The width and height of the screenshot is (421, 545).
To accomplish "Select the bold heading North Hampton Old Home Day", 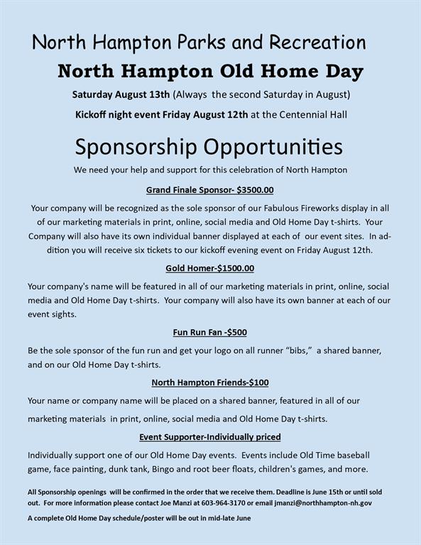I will pyautogui.click(x=210, y=72).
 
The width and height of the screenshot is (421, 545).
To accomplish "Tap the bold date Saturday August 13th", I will pyautogui.click(x=121, y=94).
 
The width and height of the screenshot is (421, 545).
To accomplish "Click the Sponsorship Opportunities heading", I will pyautogui.click(x=209, y=147).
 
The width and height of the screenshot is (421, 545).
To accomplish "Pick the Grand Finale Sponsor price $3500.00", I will pyautogui.click(x=256, y=189).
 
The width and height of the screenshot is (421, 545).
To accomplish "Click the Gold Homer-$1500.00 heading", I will pyautogui.click(x=210, y=268).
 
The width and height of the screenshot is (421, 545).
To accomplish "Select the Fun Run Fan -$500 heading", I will pyautogui.click(x=210, y=331).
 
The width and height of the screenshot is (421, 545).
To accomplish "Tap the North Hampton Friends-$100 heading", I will pyautogui.click(x=210, y=382).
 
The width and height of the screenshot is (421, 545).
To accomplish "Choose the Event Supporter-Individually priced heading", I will pyautogui.click(x=210, y=436).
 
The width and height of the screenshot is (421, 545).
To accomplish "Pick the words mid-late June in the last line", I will pyautogui.click(x=226, y=518).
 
